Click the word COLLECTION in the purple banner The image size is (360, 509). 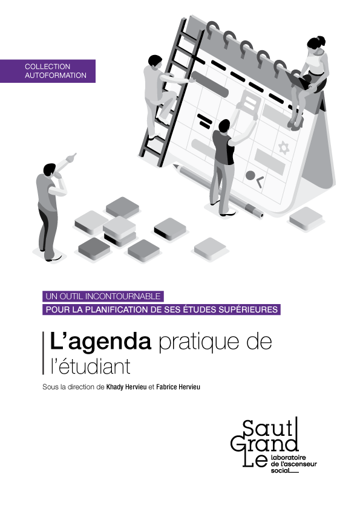pyautogui.click(x=47, y=66)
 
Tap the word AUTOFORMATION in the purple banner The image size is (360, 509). pyautogui.click(x=56, y=76)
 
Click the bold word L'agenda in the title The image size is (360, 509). pyautogui.click(x=100, y=342)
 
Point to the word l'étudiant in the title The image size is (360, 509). pyautogui.click(x=90, y=366)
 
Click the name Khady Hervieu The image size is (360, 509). pyautogui.click(x=126, y=387)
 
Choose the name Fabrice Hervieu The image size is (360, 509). pyautogui.click(x=178, y=387)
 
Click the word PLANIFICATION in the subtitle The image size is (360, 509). pyautogui.click(x=115, y=310)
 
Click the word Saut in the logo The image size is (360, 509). pyautogui.click(x=267, y=428)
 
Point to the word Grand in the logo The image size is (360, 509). pyautogui.click(x=264, y=444)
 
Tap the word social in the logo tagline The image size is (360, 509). pyautogui.click(x=280, y=470)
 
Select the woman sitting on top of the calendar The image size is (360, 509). pyautogui.click(x=308, y=82)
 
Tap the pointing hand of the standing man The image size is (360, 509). pyautogui.click(x=71, y=157)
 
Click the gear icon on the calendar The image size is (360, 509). pyautogui.click(x=284, y=148)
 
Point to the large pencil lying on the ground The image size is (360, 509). pyautogui.click(x=218, y=191)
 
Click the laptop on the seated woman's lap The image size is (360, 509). pyautogui.click(x=298, y=80)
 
